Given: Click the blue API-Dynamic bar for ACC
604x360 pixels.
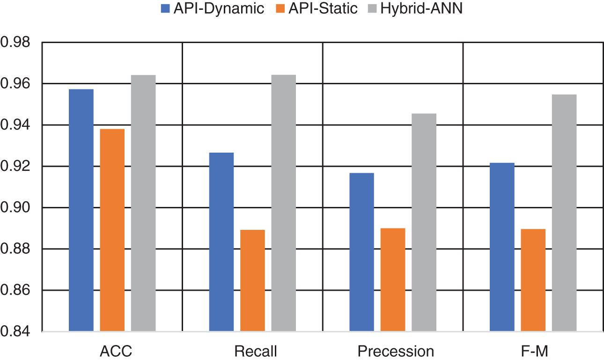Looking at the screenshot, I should click(x=81, y=211).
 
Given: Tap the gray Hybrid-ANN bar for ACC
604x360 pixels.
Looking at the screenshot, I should click(x=143, y=204).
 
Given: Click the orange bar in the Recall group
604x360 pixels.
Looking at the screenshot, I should click(x=252, y=281).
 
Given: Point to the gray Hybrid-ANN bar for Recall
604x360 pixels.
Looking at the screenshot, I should click(x=283, y=204).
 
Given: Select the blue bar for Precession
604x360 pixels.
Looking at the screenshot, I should click(x=361, y=252).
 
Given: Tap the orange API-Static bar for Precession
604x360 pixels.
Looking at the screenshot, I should click(x=393, y=280).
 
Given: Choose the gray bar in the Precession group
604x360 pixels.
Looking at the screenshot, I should click(x=424, y=223).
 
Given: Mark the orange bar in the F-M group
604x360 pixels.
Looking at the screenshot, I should click(x=533, y=280).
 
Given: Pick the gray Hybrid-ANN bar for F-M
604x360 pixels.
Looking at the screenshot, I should click(x=564, y=213).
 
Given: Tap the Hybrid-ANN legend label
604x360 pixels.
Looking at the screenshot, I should click(x=421, y=8).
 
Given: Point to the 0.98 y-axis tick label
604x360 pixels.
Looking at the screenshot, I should click(x=16, y=43).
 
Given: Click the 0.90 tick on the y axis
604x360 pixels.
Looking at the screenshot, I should click(x=16, y=208).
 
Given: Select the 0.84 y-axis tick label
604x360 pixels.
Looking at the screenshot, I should click(x=16, y=332).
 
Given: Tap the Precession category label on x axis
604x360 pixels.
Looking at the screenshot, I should click(x=396, y=351).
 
